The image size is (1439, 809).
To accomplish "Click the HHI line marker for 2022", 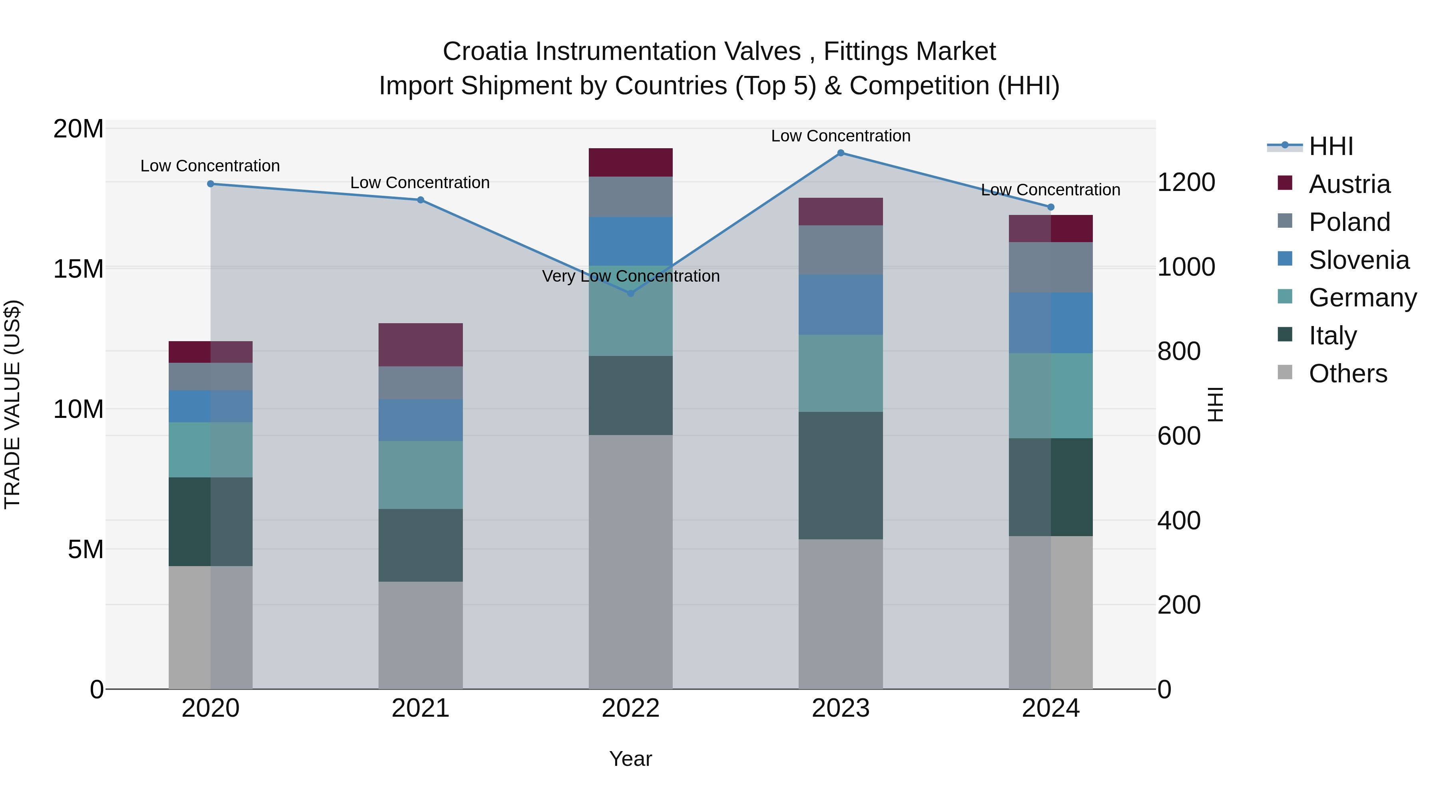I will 631,293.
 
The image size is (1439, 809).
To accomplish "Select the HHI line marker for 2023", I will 841,153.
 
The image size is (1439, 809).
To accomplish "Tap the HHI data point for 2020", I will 211,184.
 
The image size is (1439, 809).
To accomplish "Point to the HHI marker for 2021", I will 421,200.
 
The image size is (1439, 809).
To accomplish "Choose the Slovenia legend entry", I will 1358,260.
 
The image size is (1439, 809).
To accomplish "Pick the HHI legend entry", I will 1331,146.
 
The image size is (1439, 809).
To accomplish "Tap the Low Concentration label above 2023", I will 841,136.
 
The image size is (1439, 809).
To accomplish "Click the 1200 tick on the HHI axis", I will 1186,183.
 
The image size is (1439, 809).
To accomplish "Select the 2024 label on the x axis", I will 1050,708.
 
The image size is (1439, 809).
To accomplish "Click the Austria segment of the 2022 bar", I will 631,163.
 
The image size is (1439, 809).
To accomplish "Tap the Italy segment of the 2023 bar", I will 841,476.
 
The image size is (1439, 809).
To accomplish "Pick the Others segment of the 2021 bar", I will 421,635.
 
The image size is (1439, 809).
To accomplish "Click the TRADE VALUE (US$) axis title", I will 12,404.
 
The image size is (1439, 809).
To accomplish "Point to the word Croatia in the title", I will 485,52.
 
